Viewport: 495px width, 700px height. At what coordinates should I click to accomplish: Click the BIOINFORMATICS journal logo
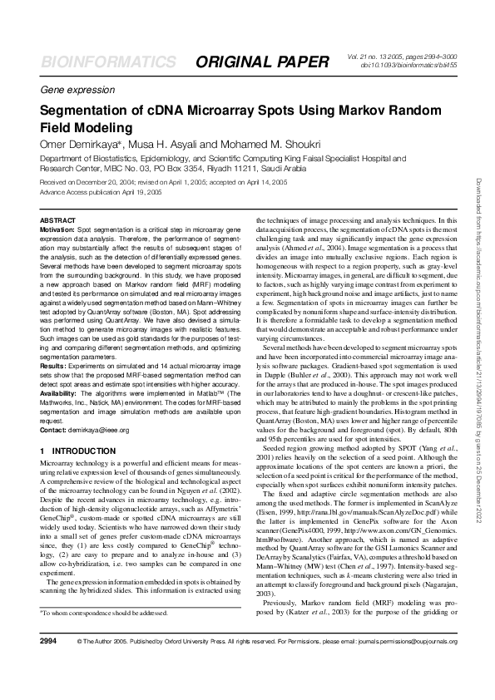point(108,63)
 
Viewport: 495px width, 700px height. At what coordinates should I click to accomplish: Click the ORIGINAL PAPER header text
point(262,63)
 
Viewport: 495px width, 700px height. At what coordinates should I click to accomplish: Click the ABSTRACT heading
point(57,219)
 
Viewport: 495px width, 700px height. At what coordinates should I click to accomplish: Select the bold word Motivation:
point(57,227)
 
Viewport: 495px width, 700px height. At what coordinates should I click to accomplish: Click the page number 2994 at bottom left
point(48,665)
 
